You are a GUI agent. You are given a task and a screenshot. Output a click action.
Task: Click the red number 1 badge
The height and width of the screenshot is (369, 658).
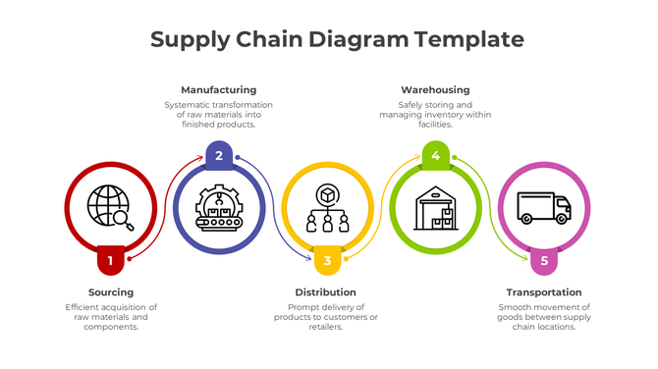(111, 260)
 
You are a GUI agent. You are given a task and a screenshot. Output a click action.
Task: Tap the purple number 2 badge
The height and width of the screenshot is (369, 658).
(219, 155)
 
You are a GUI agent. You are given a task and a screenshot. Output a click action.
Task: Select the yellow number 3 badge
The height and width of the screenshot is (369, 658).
(328, 260)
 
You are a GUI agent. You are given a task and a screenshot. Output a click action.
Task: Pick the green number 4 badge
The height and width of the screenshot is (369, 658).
(436, 155)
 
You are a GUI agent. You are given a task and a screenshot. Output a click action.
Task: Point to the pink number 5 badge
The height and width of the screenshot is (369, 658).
(544, 260)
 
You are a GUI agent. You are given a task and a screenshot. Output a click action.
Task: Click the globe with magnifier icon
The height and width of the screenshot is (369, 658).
(110, 207)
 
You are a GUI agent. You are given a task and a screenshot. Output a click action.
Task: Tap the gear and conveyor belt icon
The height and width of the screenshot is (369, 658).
(219, 207)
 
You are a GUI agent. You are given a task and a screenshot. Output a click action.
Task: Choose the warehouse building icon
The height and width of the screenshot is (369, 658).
(436, 207)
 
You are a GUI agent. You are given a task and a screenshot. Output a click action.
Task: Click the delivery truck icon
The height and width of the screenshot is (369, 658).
(544, 207)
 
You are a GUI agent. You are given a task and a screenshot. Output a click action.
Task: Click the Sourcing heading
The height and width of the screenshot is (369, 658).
(111, 292)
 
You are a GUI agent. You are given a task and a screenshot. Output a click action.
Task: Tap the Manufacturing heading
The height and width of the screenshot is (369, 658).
(219, 90)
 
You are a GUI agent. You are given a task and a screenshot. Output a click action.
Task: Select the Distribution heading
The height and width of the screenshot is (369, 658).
(326, 292)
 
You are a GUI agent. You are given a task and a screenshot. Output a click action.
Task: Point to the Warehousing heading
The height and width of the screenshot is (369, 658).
(435, 90)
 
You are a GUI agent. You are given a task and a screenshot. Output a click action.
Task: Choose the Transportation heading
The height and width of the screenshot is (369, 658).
(544, 292)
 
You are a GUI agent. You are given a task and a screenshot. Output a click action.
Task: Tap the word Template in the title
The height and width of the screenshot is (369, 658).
(468, 39)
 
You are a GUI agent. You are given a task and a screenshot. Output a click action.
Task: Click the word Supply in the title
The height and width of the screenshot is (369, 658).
(190, 39)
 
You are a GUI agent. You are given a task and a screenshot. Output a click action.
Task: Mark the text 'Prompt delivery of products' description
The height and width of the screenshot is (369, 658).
(326, 317)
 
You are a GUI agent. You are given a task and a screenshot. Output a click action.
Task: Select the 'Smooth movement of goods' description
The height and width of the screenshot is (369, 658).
(544, 317)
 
